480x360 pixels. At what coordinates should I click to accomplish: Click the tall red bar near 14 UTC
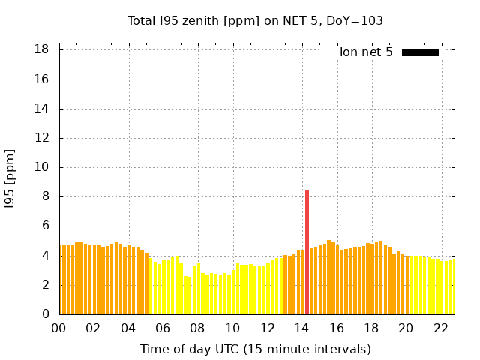[x=307, y=252]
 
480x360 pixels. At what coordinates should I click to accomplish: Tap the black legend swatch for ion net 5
[x=420, y=52]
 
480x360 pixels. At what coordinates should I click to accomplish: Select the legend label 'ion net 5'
[x=366, y=52]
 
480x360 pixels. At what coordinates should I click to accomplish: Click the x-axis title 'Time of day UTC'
[x=256, y=349]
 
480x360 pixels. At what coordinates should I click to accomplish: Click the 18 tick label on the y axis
[x=42, y=49]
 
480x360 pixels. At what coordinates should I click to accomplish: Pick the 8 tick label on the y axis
[x=46, y=196]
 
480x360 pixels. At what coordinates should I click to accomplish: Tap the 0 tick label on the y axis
[x=46, y=314]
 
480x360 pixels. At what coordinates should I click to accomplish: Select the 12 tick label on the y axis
[x=42, y=138]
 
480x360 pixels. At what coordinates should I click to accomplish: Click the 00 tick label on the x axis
[x=58, y=328]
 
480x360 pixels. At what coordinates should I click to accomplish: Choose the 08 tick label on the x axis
[x=197, y=328]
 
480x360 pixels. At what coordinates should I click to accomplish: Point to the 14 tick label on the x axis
[x=301, y=328]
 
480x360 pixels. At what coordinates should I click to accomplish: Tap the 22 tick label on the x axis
[x=440, y=328]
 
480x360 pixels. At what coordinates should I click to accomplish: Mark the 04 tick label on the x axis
[x=128, y=328]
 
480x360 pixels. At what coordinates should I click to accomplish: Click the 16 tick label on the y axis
[x=42, y=79]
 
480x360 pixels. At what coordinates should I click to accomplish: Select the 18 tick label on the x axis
[x=370, y=328]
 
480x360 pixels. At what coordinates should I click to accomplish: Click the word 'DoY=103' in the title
[x=356, y=20]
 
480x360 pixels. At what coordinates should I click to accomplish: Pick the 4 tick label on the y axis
[x=46, y=256]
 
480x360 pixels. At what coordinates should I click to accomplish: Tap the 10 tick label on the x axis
[x=232, y=328]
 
